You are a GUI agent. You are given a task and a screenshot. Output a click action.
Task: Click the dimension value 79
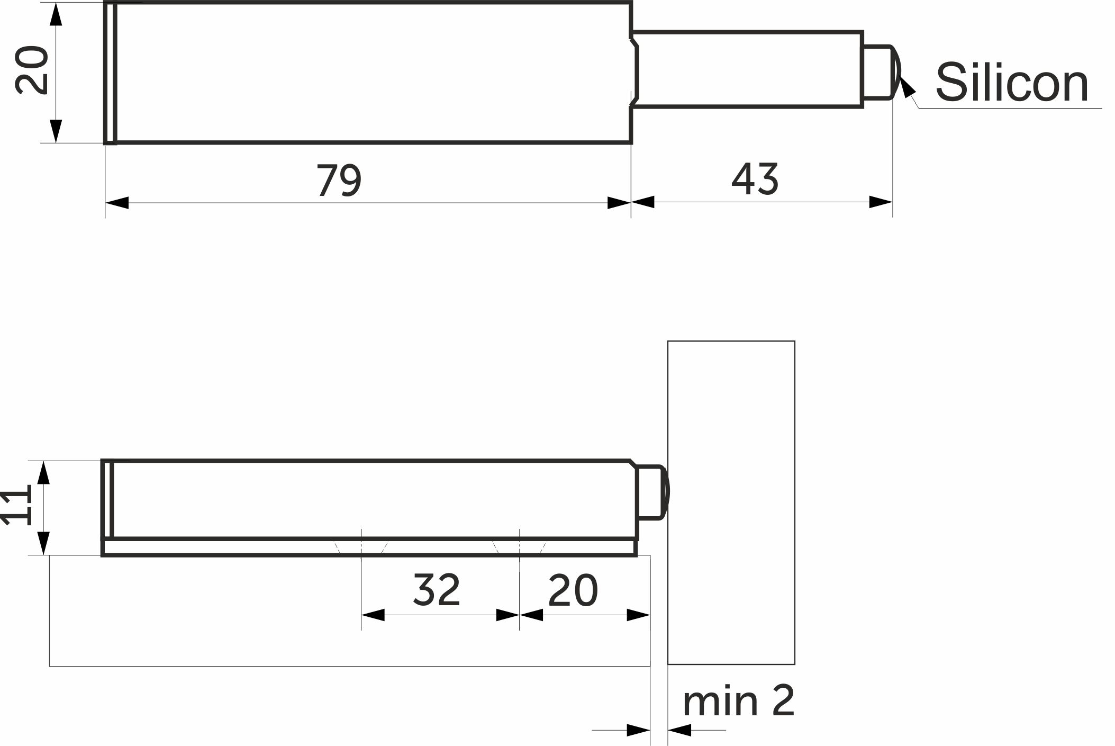[339, 179]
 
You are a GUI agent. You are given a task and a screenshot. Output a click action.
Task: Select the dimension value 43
[755, 178]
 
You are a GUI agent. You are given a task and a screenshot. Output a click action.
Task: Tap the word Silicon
[1012, 82]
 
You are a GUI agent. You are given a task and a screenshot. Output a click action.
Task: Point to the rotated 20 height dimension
[32, 70]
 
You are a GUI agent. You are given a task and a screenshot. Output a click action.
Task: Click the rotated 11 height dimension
[17, 506]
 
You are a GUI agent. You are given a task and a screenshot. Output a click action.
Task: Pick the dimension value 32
[437, 589]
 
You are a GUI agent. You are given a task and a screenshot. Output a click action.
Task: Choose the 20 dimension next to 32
[573, 590]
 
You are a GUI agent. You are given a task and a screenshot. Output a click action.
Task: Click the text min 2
[739, 701]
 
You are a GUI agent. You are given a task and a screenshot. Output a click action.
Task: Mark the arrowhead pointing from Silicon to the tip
[906, 87]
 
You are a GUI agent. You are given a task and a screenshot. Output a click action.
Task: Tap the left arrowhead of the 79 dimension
[117, 203]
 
